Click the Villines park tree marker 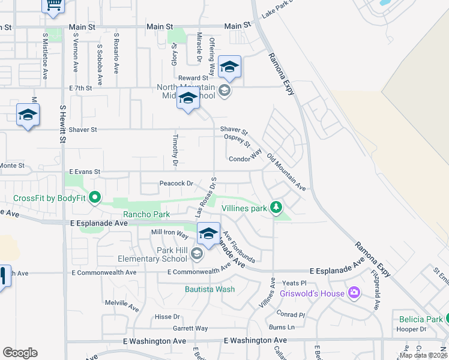point(276,208)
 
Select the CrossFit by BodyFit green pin point(94,197)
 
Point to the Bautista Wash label point(209,289)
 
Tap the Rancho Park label point(146,214)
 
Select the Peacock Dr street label point(176,184)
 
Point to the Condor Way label point(246,158)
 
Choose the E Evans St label point(84,172)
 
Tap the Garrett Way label point(190,328)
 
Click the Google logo point(20,353)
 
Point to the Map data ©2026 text point(423,355)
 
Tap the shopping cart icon point(53,5)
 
